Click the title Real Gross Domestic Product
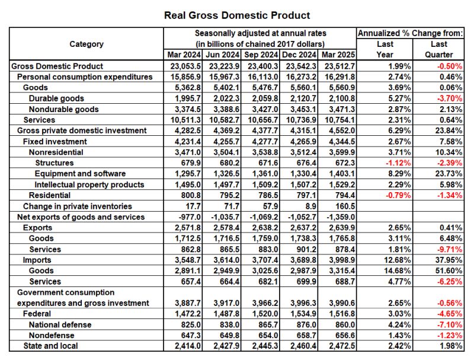pos(237,15)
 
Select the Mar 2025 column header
pos(337,55)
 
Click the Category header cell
pos(87,44)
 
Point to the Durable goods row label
pos(56,98)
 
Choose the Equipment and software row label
pos(80,174)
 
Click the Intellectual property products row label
pos(89,184)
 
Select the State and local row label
pos(50,346)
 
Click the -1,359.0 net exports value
pos(338,217)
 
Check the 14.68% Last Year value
pos(398,270)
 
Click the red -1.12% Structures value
pos(398,163)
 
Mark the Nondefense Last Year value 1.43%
pos(399,335)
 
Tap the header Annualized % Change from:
pos(411,33)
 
